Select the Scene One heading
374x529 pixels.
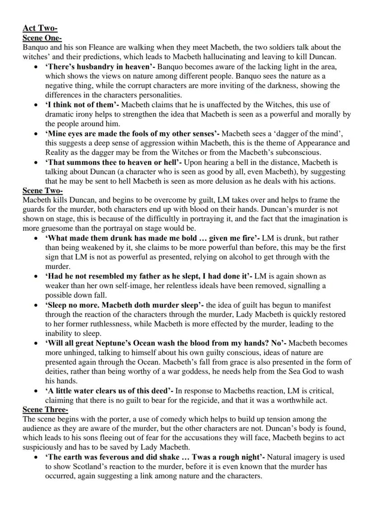(x=42, y=38)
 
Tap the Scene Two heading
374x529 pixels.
(x=42, y=191)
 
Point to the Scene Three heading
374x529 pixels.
(x=45, y=410)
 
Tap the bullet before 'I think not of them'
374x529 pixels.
(x=36, y=105)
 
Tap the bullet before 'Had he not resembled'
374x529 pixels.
(x=36, y=276)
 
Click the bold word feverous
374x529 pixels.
(x=113, y=457)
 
